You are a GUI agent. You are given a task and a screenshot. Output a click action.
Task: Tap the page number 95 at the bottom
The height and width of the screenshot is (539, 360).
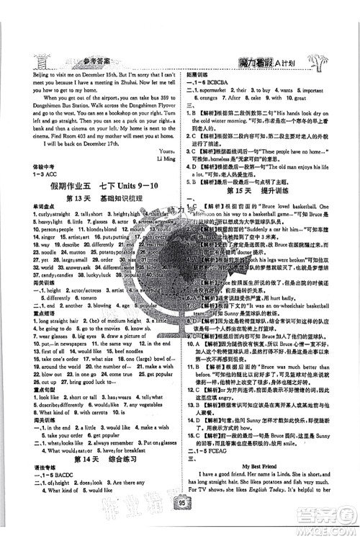tap(179, 522)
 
